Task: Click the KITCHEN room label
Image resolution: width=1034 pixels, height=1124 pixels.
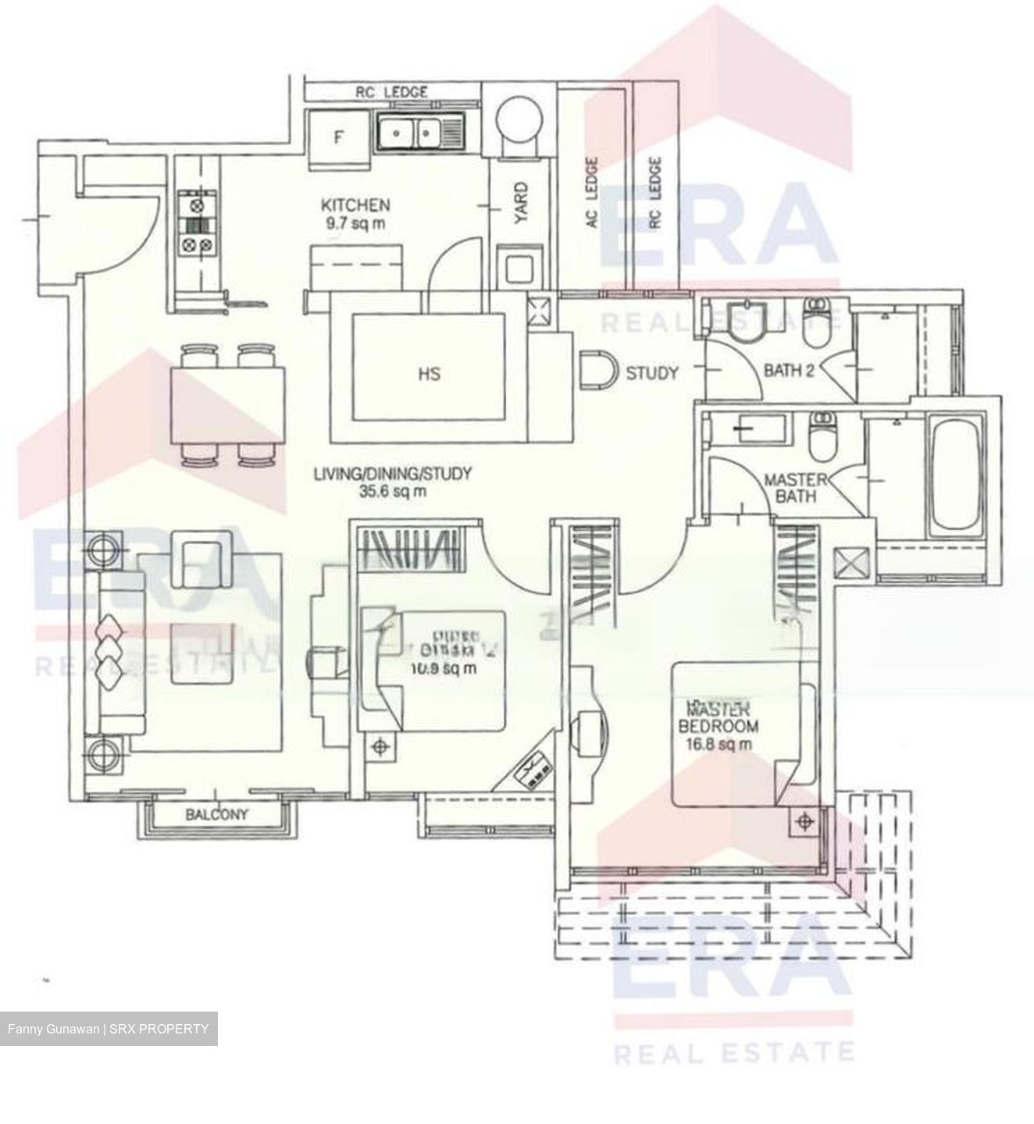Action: (355, 206)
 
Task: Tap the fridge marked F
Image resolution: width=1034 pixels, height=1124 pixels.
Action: (338, 138)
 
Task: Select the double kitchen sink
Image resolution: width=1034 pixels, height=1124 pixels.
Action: (410, 133)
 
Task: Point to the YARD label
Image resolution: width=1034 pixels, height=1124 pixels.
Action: (521, 202)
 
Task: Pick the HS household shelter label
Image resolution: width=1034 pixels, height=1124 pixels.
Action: (429, 374)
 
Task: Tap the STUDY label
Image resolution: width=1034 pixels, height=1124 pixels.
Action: (652, 373)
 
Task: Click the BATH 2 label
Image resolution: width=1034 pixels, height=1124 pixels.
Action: (789, 371)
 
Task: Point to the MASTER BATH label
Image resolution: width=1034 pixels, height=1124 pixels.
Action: (790, 488)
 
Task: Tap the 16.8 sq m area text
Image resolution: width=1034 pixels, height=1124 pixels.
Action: (718, 745)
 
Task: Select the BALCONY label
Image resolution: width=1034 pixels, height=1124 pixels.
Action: (217, 814)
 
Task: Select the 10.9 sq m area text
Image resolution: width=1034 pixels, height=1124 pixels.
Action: (444, 669)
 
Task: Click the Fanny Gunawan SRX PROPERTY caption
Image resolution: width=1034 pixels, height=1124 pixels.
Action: (109, 1029)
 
